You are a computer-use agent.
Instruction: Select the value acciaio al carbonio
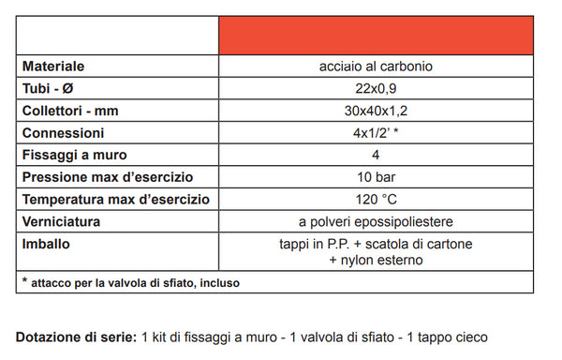(375, 67)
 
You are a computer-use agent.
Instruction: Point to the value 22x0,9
(375, 88)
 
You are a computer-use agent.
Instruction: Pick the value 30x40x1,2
(375, 111)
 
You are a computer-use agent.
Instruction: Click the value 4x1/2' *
(375, 133)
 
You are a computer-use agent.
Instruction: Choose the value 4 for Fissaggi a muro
(375, 156)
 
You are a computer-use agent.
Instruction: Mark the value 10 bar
(375, 178)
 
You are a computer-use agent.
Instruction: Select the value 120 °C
(375, 201)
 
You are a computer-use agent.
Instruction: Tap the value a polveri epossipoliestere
(375, 222)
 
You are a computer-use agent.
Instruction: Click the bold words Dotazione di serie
(75, 337)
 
